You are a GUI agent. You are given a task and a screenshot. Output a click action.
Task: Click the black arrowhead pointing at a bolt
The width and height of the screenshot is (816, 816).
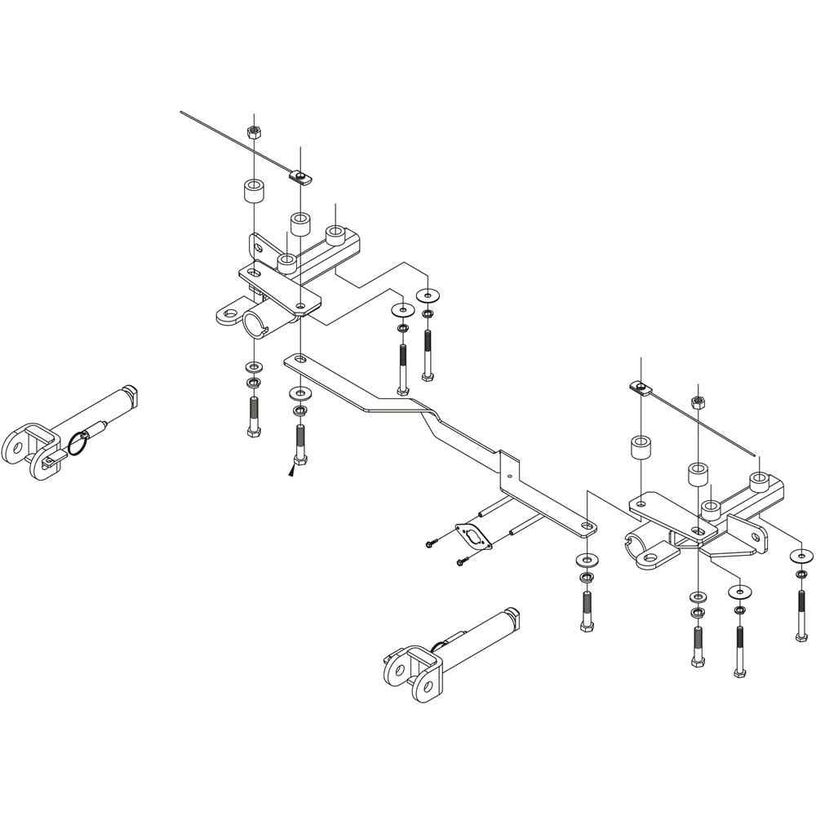point(291,470)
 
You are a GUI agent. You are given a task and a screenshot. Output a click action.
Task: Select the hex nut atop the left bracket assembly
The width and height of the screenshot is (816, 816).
point(254,131)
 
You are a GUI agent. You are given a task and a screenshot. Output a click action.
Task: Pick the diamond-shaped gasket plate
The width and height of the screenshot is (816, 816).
point(472,536)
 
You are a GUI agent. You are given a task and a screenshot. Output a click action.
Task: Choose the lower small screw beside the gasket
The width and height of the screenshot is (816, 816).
point(463,561)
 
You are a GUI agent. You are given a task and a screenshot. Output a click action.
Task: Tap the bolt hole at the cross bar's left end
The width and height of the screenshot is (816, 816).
point(299,359)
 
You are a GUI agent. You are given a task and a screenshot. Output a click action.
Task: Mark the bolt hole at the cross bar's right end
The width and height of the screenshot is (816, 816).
point(586,526)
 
